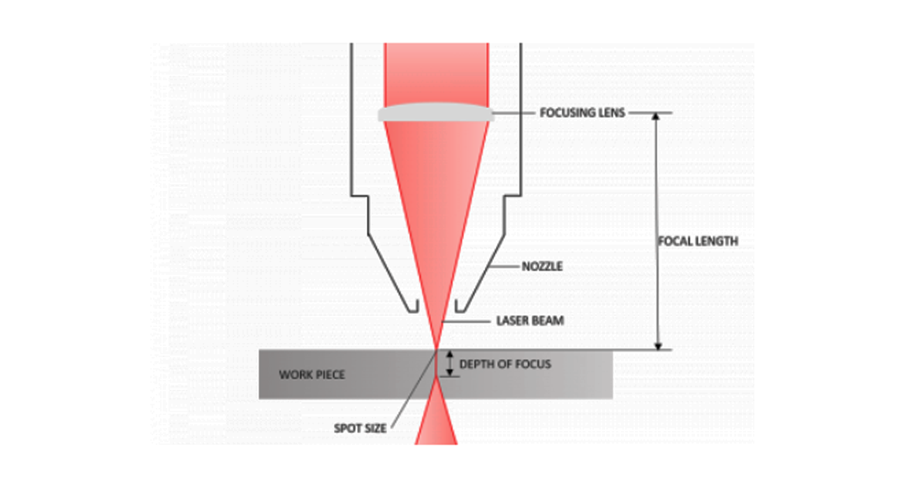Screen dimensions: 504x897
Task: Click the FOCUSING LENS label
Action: pos(582,113)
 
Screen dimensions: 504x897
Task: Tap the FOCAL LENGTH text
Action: pos(698,241)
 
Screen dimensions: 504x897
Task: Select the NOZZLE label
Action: pos(542,266)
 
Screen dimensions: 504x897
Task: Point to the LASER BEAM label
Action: pos(530,321)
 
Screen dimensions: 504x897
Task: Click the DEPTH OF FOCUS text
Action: pos(505,364)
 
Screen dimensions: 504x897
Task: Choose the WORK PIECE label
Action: pos(312,375)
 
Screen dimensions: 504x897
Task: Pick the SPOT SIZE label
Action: pos(360,428)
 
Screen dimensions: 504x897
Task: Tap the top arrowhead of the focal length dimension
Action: pos(656,117)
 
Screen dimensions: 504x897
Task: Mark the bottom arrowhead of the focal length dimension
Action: pos(658,346)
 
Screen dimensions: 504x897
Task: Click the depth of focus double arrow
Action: pos(449,364)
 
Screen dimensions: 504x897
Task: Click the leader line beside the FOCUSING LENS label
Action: pos(514,113)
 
